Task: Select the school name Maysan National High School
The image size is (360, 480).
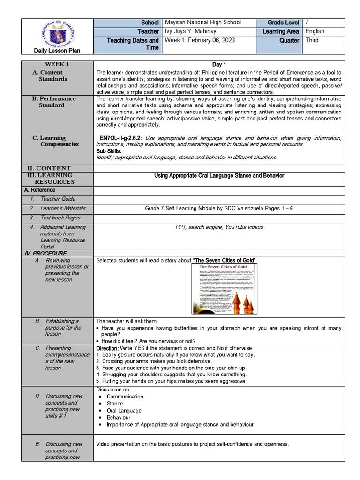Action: tap(203, 22)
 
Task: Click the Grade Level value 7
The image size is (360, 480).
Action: tap(307, 22)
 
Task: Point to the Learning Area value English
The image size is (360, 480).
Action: tap(315, 31)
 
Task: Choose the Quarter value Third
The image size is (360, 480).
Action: tap(312, 40)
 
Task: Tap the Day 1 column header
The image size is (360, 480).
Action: tap(219, 64)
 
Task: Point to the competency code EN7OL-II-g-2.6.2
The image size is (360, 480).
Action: tap(120, 138)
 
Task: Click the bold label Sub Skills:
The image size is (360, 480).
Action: tap(109, 151)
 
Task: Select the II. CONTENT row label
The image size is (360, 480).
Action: tap(48, 168)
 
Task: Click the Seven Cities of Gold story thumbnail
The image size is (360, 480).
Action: tap(225, 289)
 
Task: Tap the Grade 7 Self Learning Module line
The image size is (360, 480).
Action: tap(219, 208)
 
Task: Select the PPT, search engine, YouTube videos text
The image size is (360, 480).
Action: tap(219, 227)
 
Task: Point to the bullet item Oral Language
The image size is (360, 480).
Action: tap(124, 411)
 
